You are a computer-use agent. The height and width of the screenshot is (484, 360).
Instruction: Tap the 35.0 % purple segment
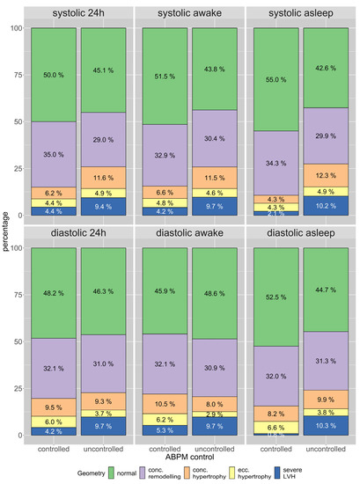pos(53,153)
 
